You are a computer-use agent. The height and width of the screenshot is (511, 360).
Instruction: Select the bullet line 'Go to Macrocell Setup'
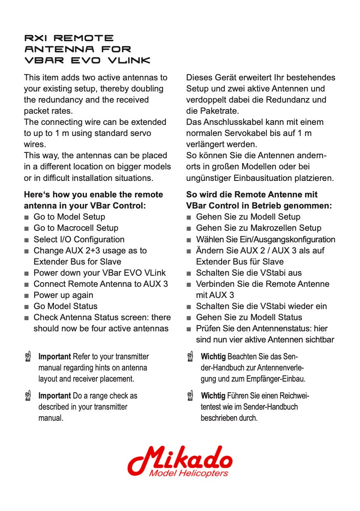(76, 228)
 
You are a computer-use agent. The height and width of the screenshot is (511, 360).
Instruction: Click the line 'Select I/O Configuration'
(79, 239)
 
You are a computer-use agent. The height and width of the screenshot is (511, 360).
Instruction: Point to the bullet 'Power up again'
(63, 295)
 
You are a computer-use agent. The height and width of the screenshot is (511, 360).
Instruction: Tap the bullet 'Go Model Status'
(65, 306)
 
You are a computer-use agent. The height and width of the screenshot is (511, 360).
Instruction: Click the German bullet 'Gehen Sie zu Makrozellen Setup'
(258, 228)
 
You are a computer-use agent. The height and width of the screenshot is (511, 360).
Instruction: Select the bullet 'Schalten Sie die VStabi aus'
(248, 273)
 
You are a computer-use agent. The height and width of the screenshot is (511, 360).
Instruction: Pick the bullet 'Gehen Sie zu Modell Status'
(249, 317)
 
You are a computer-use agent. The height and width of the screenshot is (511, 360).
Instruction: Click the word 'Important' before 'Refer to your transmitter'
(54, 356)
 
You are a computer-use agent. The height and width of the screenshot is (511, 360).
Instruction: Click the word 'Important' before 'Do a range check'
(54, 396)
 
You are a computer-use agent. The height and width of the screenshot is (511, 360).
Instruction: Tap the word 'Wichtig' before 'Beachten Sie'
(213, 356)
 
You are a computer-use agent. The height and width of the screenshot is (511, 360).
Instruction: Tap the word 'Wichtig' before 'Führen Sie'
(213, 396)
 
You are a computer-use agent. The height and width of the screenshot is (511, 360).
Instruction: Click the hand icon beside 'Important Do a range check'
(28, 396)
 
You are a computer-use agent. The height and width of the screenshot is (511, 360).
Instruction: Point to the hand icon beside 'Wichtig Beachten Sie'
(190, 356)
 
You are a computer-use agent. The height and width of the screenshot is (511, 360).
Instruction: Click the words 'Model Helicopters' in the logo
(189, 473)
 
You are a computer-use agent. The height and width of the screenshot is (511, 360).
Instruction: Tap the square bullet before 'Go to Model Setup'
(26, 217)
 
